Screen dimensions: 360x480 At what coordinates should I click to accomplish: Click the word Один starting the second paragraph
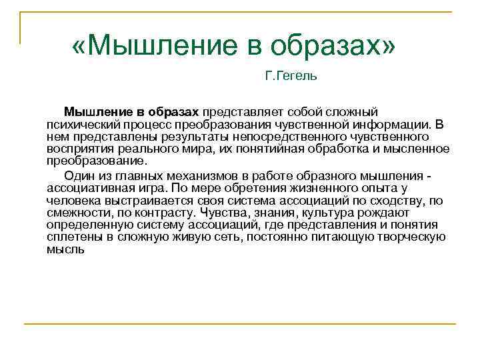coord(78,176)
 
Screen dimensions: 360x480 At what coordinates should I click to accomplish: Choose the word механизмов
coord(203,176)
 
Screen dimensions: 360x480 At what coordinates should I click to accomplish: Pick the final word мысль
coord(65,248)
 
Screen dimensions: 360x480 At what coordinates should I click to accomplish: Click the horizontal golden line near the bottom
coord(240,324)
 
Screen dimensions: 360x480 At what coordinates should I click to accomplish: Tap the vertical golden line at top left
coord(21,27)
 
